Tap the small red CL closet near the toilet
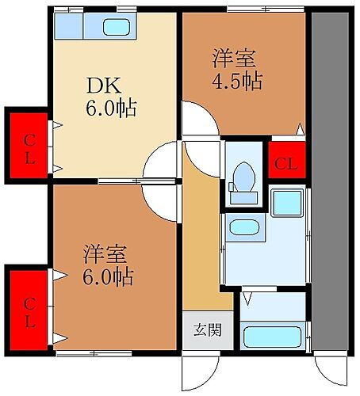coord(285,162)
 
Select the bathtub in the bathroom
coord(272,337)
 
